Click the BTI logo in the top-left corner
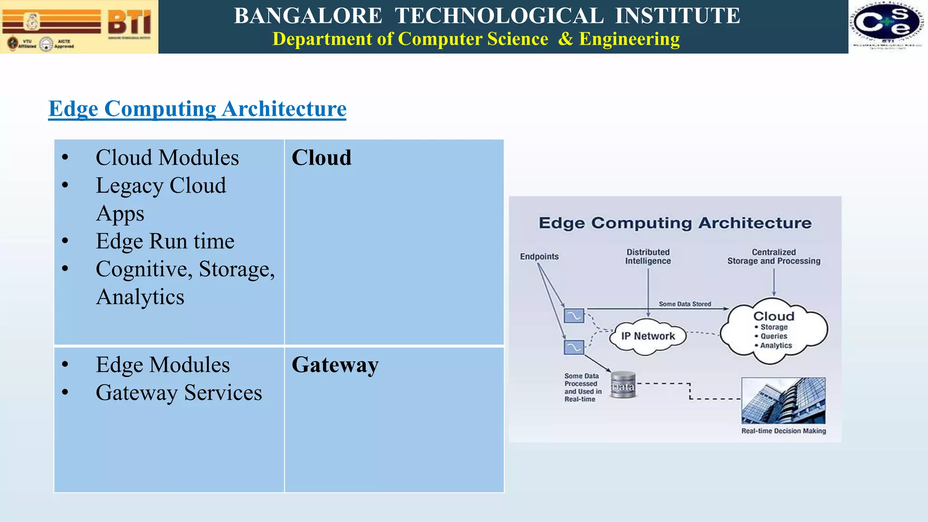click(x=79, y=26)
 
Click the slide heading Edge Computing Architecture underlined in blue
click(x=197, y=109)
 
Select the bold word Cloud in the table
click(x=321, y=158)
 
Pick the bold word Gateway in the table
click(x=335, y=365)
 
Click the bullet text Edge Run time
click(x=165, y=241)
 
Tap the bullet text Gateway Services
click(x=179, y=392)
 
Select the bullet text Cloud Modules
click(x=167, y=158)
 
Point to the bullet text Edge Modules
click(x=163, y=365)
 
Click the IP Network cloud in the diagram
click(x=648, y=336)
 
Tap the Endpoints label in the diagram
click(x=539, y=256)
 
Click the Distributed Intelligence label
click(x=648, y=256)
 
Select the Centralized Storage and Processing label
click(x=773, y=256)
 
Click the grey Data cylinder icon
click(x=623, y=385)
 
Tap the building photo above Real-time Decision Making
click(x=783, y=401)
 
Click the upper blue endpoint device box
click(x=574, y=315)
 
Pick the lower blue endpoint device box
click(x=574, y=347)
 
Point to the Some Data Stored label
click(x=685, y=304)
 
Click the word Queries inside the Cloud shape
click(x=773, y=336)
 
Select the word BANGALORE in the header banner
click(x=308, y=16)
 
